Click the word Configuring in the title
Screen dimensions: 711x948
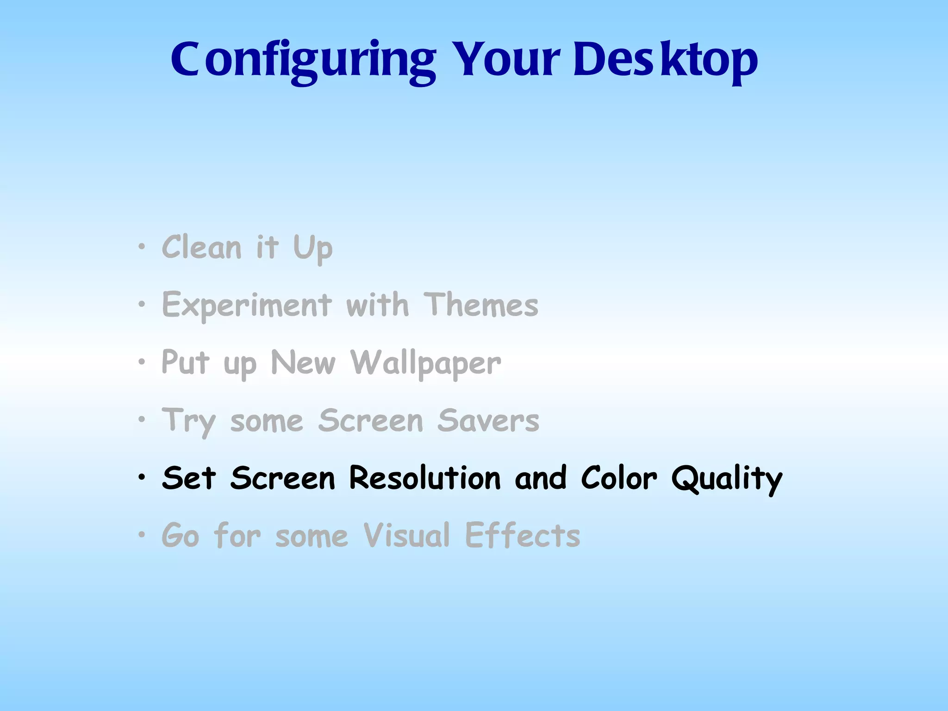point(303,60)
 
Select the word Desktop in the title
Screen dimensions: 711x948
point(665,60)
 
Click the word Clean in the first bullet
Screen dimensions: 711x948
point(201,248)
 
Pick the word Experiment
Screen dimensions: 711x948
point(247,306)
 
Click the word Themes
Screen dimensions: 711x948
point(481,305)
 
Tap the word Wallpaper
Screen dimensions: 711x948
point(425,363)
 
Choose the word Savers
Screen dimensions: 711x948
point(488,421)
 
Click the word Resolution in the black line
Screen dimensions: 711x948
point(425,478)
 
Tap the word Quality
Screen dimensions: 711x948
point(727,479)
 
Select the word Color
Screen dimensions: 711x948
point(619,478)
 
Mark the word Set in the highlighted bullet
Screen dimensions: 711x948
point(189,478)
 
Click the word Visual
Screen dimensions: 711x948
point(406,536)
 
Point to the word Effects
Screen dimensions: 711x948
point(522,536)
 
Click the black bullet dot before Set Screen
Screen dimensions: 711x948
point(142,477)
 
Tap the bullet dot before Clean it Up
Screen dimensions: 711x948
point(142,247)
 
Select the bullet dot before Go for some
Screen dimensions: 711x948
point(142,535)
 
